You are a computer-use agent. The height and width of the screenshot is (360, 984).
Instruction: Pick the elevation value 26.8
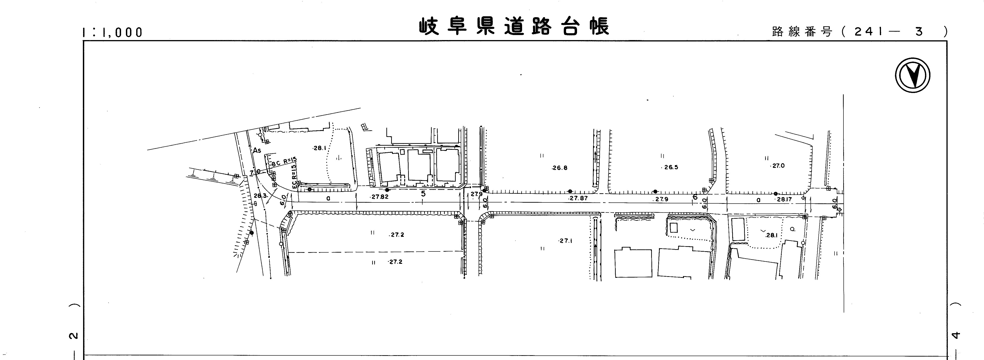coord(560,168)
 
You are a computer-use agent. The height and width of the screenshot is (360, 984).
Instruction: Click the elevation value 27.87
coord(578,198)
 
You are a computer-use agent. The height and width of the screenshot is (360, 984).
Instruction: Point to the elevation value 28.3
coord(260,196)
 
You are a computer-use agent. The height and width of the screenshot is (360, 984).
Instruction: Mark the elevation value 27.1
coord(565,241)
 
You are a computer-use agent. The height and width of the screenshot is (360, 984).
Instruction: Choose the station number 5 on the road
coord(423,194)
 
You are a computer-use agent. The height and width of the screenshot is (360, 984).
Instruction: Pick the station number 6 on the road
coord(695,197)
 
